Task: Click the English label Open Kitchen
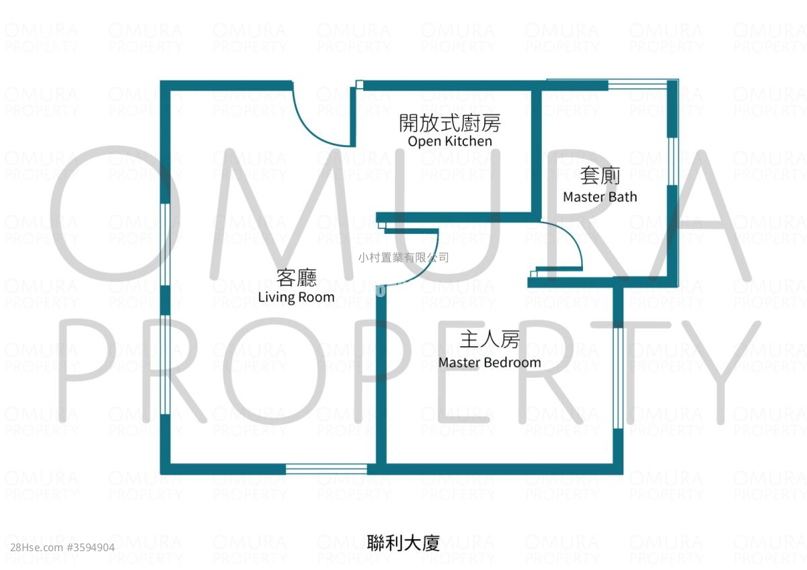[x=450, y=141]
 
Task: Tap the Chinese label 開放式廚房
[x=450, y=123]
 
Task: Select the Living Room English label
[x=296, y=297]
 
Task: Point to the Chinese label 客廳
[x=297, y=278]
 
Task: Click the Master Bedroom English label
[x=490, y=362]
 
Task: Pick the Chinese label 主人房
[x=490, y=339]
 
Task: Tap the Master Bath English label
[x=600, y=197]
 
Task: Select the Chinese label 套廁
[x=600, y=175]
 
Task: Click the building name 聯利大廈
[x=403, y=543]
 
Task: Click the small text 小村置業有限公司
[x=403, y=257]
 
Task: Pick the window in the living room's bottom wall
[x=326, y=469]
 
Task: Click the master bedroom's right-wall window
[x=618, y=378]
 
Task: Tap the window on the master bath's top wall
[x=638, y=85]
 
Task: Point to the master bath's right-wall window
[x=672, y=161]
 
